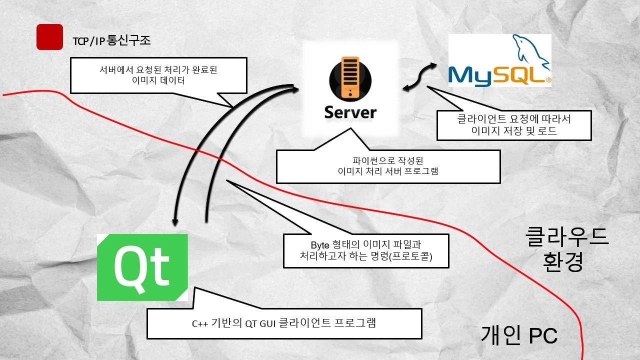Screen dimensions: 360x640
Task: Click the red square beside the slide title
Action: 49,37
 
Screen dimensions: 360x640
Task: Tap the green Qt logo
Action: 142,267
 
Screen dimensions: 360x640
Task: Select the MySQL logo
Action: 499,60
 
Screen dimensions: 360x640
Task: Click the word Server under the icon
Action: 350,112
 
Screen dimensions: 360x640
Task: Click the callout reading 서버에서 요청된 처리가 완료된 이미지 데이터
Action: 158,75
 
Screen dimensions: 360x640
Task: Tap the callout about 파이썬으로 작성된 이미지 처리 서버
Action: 388,166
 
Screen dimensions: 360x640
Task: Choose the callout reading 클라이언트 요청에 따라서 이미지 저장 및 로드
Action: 514,125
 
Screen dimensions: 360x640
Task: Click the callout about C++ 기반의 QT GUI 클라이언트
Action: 284,323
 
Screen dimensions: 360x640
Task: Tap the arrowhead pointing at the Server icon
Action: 295,88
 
